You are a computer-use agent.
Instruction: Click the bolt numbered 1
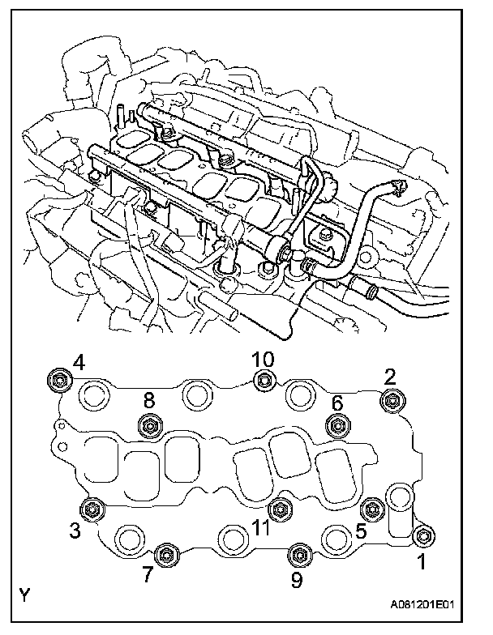(x=423, y=535)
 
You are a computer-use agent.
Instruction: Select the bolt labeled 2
(x=392, y=399)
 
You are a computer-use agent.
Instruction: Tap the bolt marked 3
(x=90, y=509)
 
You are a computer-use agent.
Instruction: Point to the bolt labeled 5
(x=372, y=508)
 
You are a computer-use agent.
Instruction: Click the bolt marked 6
(x=336, y=424)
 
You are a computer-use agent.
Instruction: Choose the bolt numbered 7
(x=166, y=554)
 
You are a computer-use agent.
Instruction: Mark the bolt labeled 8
(x=149, y=424)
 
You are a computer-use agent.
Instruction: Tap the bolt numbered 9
(x=298, y=554)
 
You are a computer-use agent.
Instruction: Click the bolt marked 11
(x=280, y=509)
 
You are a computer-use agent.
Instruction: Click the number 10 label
(x=263, y=359)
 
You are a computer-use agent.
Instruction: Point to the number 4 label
(x=79, y=361)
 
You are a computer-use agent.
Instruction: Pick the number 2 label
(x=389, y=376)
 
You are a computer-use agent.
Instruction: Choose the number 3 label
(x=75, y=531)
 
